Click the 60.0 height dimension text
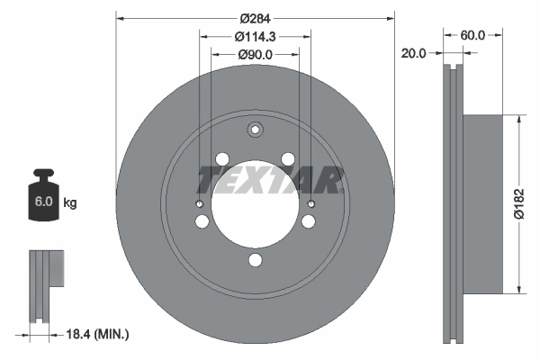pos(472,35)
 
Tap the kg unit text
pos(70,203)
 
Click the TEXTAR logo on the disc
pos(269,181)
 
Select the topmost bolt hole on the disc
pos(256,130)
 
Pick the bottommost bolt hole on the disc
pos(256,261)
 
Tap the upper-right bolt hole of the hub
pos(289,159)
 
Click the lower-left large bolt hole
pos(202,221)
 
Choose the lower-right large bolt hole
pos(309,221)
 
